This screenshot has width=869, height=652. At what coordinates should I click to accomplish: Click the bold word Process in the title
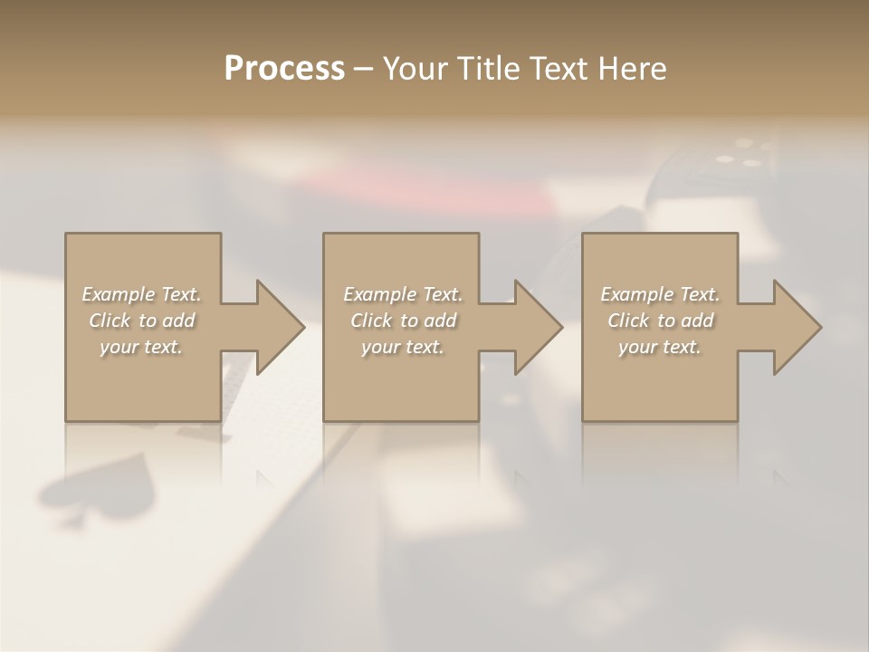[284, 69]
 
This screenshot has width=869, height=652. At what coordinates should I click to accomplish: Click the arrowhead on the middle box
[537, 327]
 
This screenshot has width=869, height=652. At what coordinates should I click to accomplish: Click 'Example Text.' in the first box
[141, 294]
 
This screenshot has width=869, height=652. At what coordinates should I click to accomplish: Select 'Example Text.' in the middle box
[403, 294]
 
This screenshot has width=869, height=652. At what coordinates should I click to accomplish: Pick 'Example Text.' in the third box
[660, 294]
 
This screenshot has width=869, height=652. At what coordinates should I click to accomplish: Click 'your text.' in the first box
[141, 347]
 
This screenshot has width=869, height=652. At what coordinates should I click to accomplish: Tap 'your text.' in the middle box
[403, 347]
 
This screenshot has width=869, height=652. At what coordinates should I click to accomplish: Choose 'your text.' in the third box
[660, 347]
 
